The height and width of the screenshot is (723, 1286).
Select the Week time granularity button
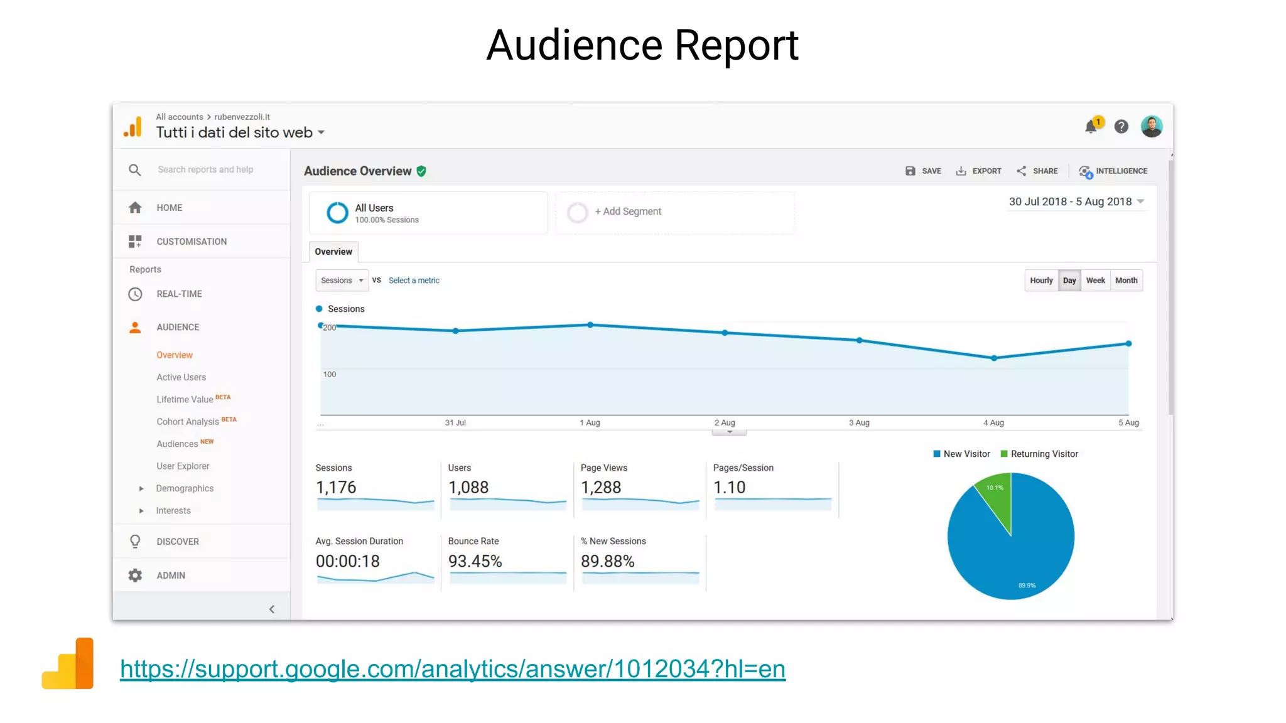tap(1095, 281)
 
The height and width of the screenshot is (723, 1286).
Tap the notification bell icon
tap(1091, 127)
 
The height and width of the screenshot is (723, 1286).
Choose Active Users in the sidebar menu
tap(181, 377)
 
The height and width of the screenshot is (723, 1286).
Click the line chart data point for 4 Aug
tap(993, 358)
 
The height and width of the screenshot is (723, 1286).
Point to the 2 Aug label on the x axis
tap(724, 423)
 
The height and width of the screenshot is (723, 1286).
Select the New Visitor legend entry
tap(961, 454)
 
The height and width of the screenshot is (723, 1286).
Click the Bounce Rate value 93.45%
tap(475, 561)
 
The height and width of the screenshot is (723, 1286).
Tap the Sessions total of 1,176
tap(336, 488)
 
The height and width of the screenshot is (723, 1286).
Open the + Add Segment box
tap(628, 212)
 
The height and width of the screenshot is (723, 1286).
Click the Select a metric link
tap(414, 281)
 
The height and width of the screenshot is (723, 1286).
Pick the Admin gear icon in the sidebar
tap(135, 576)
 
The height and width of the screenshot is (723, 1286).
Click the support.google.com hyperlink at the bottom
tap(452, 669)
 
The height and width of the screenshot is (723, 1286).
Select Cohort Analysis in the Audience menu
tap(188, 422)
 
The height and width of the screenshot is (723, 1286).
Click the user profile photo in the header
tap(1151, 127)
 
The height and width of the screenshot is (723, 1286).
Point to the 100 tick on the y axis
tap(330, 375)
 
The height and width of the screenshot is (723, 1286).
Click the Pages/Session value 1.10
tap(729, 488)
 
